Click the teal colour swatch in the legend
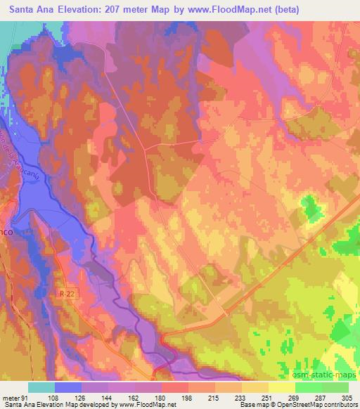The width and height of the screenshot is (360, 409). [41, 387]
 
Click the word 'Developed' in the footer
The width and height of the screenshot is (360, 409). [89, 405]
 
